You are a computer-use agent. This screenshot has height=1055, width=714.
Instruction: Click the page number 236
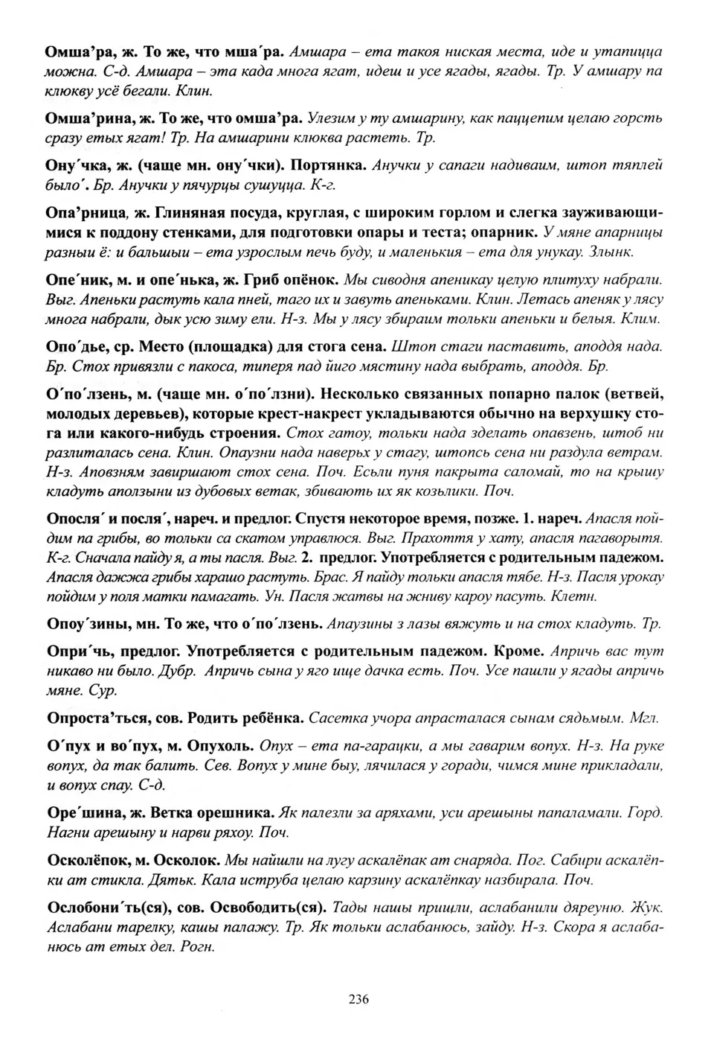pos(358,999)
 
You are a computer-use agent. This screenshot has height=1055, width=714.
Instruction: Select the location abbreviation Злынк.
pos(611,252)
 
